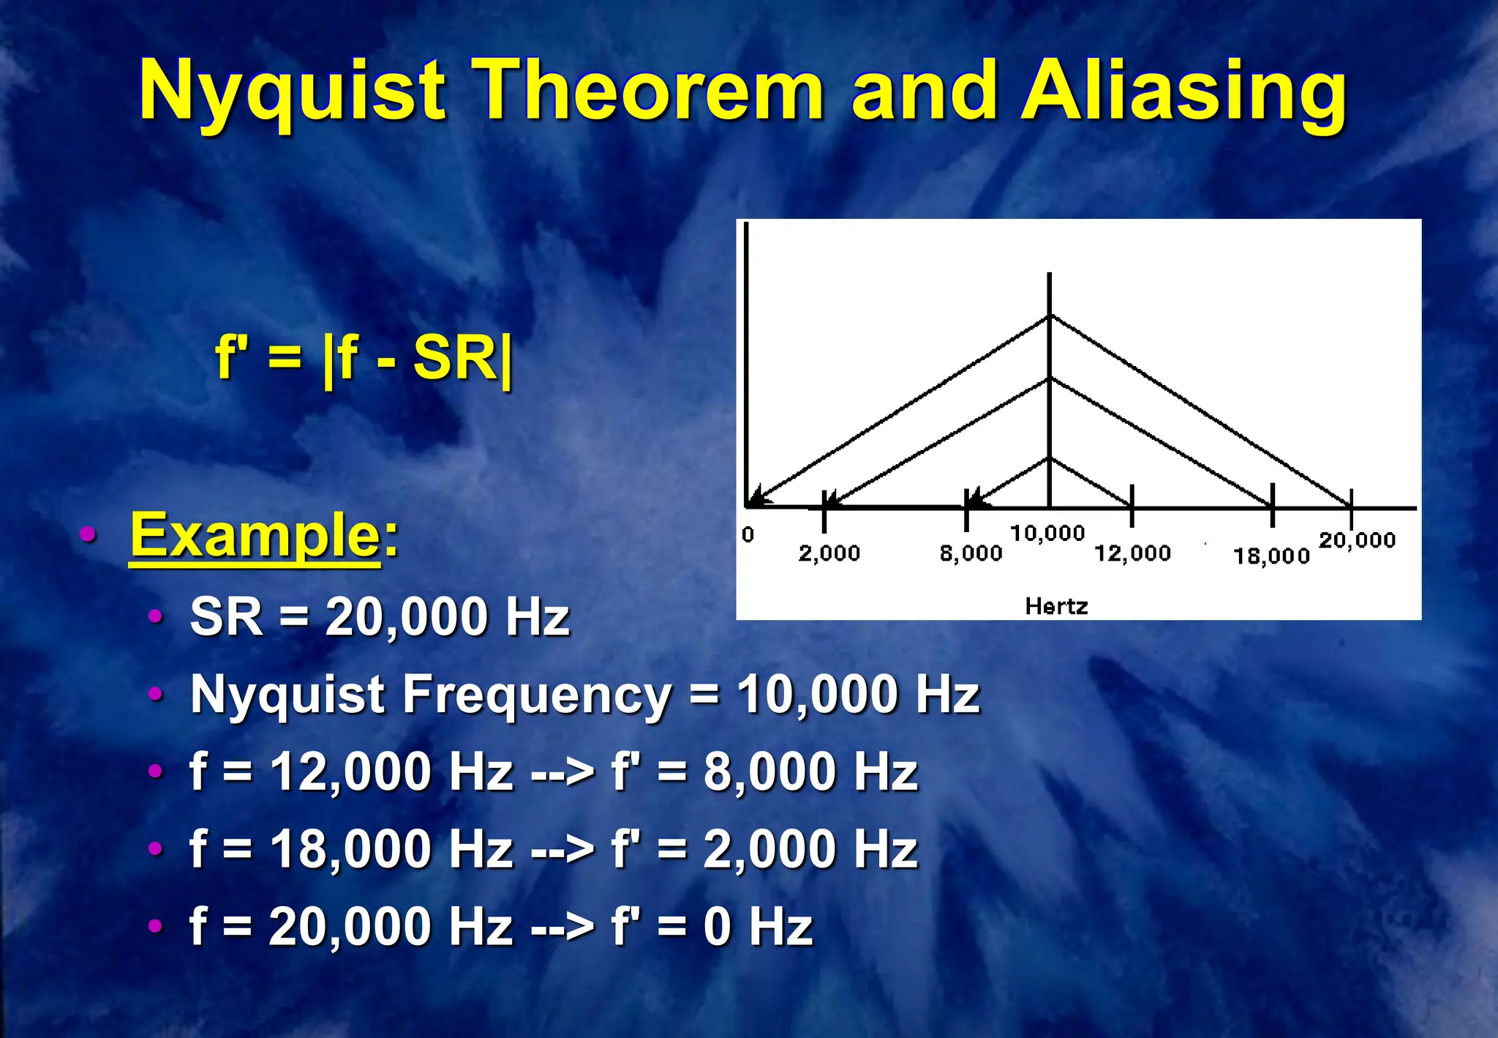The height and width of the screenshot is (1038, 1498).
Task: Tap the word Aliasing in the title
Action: pyautogui.click(x=1183, y=92)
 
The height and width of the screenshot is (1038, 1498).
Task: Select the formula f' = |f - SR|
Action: pyautogui.click(x=364, y=358)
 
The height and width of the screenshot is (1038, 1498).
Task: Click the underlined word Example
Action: pyautogui.click(x=255, y=535)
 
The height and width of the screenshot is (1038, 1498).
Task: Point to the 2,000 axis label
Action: pyautogui.click(x=829, y=553)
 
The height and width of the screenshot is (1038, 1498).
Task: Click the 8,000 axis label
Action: pyautogui.click(x=971, y=553)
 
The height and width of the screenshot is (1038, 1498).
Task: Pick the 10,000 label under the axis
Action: pyautogui.click(x=1047, y=534)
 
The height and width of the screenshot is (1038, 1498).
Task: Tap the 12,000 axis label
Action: pyautogui.click(x=1132, y=553)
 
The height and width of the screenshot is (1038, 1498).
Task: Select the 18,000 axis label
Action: pyautogui.click(x=1271, y=556)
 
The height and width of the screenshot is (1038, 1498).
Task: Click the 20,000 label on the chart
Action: pyautogui.click(x=1357, y=540)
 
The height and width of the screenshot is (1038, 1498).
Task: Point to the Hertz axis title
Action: pyautogui.click(x=1056, y=606)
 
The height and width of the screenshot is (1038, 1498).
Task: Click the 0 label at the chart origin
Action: pyautogui.click(x=748, y=535)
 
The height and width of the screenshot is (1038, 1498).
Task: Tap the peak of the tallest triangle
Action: pyautogui.click(x=1050, y=315)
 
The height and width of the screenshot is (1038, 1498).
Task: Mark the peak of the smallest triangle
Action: pyautogui.click(x=1050, y=458)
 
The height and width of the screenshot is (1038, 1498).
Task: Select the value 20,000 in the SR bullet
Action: pyautogui.click(x=406, y=616)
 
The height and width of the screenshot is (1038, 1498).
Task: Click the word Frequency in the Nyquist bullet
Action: pyautogui.click(x=536, y=694)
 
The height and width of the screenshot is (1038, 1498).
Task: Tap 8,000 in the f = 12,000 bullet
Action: pyautogui.click(x=769, y=772)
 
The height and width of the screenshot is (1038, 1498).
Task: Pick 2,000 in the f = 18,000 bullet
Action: pyautogui.click(x=769, y=849)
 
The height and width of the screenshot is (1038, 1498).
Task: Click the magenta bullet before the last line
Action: pyautogui.click(x=155, y=926)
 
